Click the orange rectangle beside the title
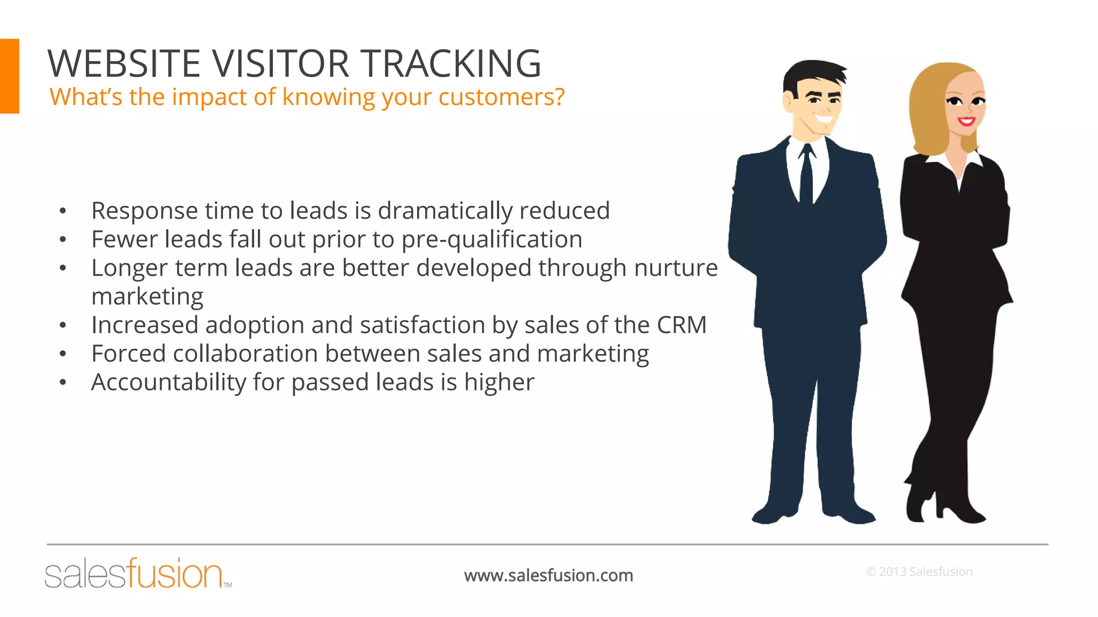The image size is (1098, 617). (9, 76)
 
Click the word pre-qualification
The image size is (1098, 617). (492, 239)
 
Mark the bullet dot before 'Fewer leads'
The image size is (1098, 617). (63, 239)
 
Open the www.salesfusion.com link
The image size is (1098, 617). (548, 575)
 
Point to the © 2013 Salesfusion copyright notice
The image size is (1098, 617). (919, 571)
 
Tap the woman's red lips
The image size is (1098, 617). (966, 121)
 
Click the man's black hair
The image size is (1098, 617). (810, 75)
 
